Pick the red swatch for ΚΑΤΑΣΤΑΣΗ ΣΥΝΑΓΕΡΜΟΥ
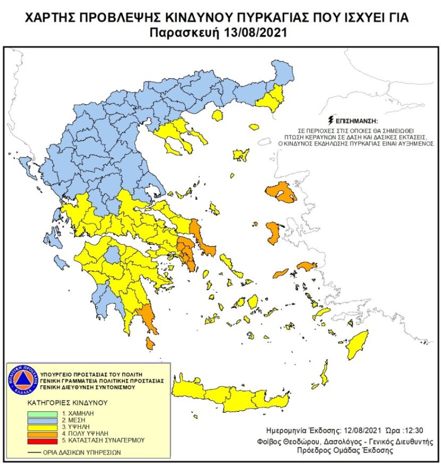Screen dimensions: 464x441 point(43,440)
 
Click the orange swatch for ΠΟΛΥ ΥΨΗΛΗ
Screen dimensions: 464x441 point(43,433)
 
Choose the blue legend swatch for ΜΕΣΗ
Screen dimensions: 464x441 point(43,419)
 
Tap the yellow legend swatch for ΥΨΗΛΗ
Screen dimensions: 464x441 point(43,426)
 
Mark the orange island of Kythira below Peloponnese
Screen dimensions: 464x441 point(149,343)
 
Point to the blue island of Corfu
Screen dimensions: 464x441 point(24,164)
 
